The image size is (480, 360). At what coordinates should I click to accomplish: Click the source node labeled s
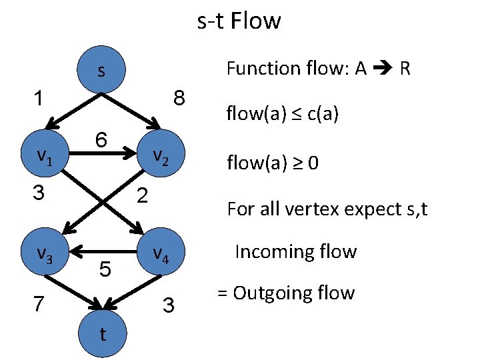(x=101, y=71)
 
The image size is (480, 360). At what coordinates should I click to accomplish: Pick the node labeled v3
(x=44, y=253)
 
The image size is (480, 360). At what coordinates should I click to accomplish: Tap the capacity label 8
(x=179, y=98)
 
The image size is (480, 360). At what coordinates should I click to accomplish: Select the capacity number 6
(x=101, y=141)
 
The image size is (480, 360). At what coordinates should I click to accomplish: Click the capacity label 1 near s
(x=40, y=98)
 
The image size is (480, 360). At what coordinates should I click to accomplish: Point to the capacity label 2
(x=142, y=195)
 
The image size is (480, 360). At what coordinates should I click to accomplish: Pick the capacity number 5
(x=105, y=269)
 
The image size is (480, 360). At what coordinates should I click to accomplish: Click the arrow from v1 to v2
(x=100, y=159)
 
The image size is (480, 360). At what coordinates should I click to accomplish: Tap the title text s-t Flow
(x=239, y=21)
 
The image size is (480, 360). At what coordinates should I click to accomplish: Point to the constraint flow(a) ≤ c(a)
(x=283, y=115)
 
